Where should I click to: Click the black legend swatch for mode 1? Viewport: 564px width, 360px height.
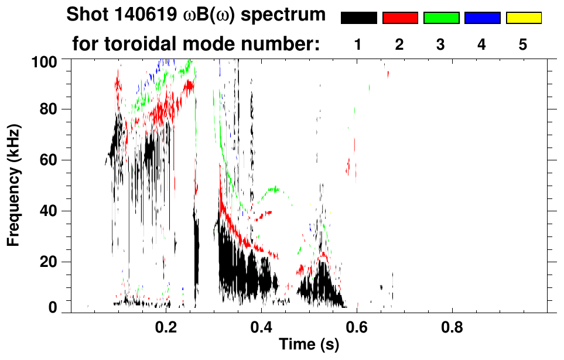click(x=358, y=18)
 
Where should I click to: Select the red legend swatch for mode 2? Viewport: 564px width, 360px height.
click(x=400, y=18)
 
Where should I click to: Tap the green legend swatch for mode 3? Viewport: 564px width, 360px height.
click(x=441, y=18)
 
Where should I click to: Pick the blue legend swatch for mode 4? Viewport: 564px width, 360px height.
click(x=482, y=18)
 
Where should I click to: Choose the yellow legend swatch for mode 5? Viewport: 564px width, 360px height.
click(x=523, y=18)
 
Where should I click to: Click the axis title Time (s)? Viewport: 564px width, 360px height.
click(x=309, y=345)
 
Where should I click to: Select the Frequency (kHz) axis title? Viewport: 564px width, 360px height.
click(x=14, y=184)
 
